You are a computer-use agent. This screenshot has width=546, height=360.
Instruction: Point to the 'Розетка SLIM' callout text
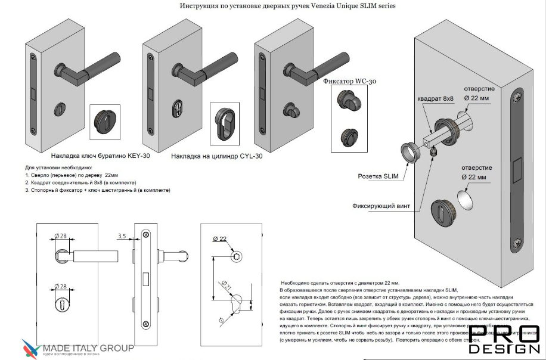(378, 177)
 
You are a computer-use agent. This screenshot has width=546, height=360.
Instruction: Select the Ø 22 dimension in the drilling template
(221, 239)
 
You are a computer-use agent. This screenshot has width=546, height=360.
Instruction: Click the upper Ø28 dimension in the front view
(62, 237)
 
